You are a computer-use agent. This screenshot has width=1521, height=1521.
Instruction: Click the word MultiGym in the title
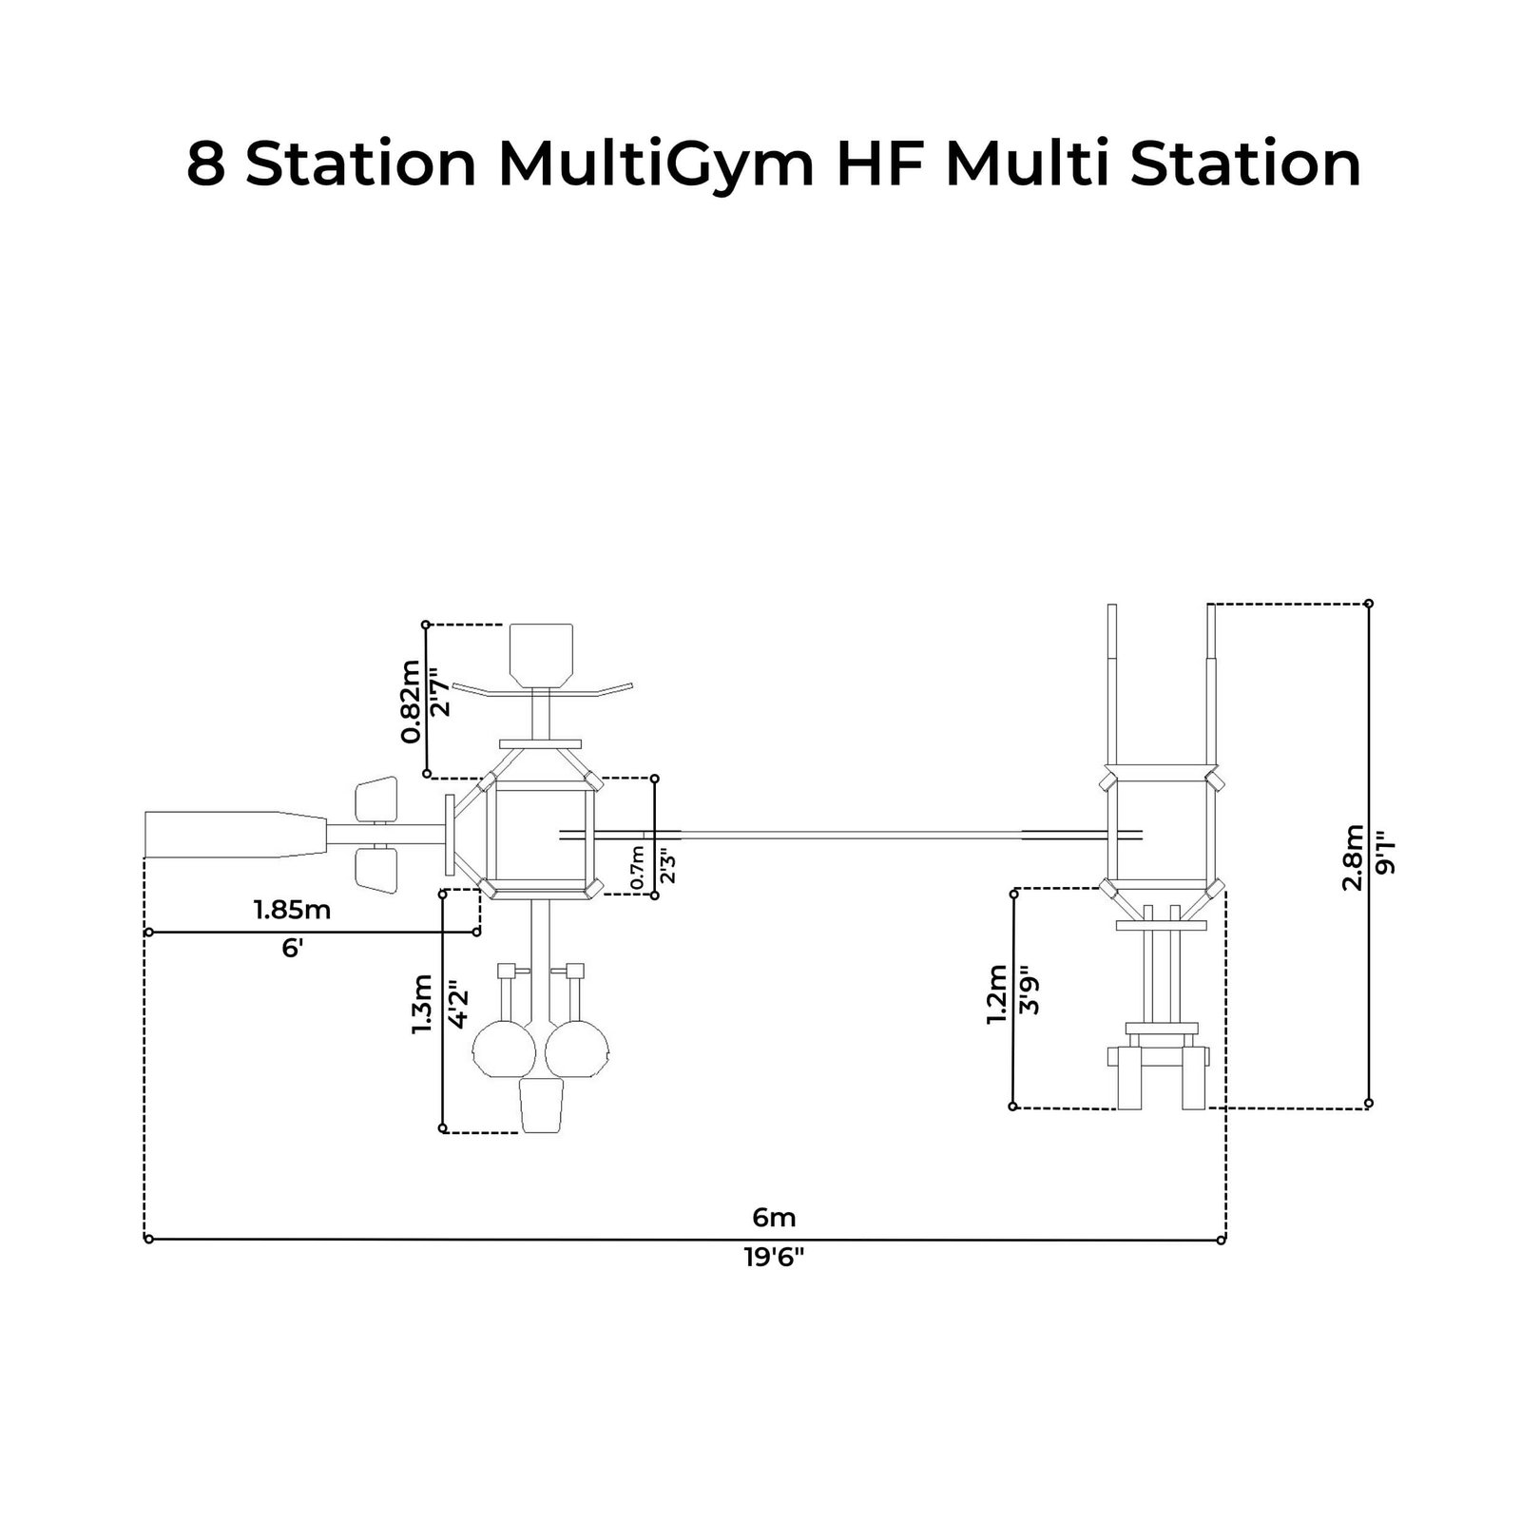[656, 164]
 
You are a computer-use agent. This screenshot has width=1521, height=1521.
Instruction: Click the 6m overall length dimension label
[774, 1217]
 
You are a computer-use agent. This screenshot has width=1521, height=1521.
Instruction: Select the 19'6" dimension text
[774, 1258]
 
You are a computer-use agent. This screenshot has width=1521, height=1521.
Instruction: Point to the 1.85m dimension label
[292, 910]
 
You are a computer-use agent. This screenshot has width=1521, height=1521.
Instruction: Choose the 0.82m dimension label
[410, 701]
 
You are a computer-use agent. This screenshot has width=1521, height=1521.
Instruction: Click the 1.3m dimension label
[422, 1005]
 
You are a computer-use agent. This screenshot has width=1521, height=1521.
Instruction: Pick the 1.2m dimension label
[996, 994]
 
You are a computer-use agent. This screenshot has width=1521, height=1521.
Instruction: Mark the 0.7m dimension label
[638, 868]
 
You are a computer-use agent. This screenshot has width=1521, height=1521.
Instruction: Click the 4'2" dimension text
[456, 1005]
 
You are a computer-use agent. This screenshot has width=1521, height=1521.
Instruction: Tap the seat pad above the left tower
[541, 653]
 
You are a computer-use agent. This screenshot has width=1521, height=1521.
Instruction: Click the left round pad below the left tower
[504, 1048]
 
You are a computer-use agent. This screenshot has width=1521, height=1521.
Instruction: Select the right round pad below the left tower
[576, 1048]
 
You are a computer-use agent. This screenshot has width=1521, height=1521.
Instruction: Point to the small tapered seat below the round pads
[541, 1105]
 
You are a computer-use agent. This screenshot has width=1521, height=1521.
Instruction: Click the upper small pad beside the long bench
[375, 799]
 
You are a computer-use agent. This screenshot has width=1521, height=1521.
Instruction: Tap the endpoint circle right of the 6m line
[1222, 1240]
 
